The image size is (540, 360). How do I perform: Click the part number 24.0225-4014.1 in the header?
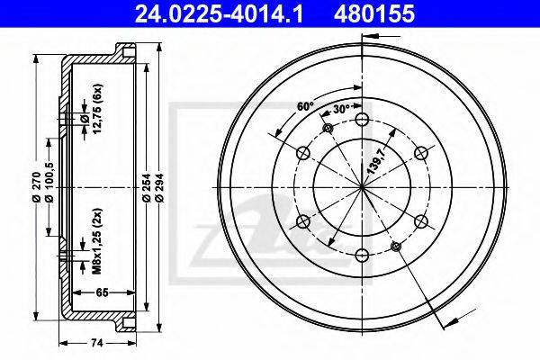click(x=219, y=14)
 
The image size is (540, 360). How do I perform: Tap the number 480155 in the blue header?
click(x=374, y=14)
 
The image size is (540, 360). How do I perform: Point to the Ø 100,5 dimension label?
click(x=49, y=182)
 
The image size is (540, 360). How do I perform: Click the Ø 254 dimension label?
click(x=146, y=187)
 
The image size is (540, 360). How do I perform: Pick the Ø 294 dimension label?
click(x=158, y=187)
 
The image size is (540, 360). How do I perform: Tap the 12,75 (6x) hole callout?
click(x=97, y=108)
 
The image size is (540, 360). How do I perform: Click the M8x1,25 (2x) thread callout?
click(x=97, y=241)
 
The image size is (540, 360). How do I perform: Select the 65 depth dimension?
click(x=102, y=292)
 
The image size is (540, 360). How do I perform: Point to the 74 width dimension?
click(x=97, y=343)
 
